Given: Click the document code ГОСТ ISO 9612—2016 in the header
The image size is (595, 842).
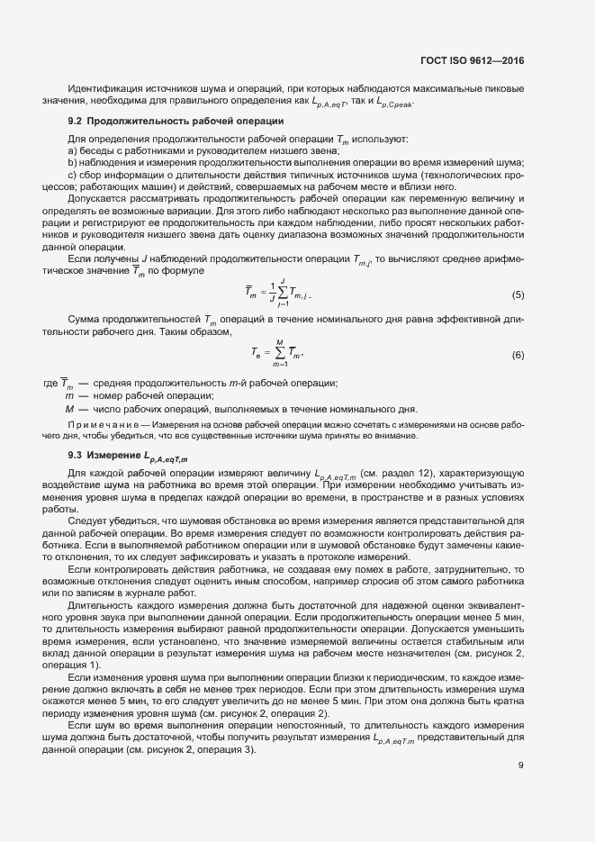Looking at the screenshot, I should point(472,60).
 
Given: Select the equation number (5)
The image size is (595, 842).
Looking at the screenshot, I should point(518,295).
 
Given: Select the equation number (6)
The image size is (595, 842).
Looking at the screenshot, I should point(518,356).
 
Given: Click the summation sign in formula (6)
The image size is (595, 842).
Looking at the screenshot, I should point(280,355).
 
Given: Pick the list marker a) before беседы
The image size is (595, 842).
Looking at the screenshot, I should point(73,150).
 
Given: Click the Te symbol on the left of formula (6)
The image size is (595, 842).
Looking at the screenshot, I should point(257,355).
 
